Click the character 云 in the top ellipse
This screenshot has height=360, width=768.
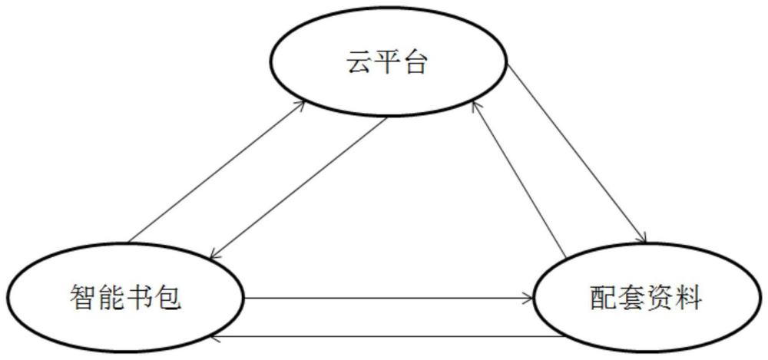point(359,62)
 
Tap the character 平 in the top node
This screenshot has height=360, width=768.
point(387,62)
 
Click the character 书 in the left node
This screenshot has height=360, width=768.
point(140,297)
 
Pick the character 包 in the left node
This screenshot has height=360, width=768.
point(168,297)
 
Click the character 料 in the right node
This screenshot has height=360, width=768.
point(688,297)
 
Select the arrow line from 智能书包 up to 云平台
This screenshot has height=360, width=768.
point(217,171)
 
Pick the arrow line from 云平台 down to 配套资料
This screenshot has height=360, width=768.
point(577,154)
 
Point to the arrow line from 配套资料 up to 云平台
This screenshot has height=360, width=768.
point(519,180)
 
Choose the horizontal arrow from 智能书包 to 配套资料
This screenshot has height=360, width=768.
point(388,297)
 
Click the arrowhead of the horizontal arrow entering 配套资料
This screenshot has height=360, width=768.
point(528,297)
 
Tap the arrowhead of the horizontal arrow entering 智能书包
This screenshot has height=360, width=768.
point(214,337)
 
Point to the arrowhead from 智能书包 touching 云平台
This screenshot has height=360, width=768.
point(301,105)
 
